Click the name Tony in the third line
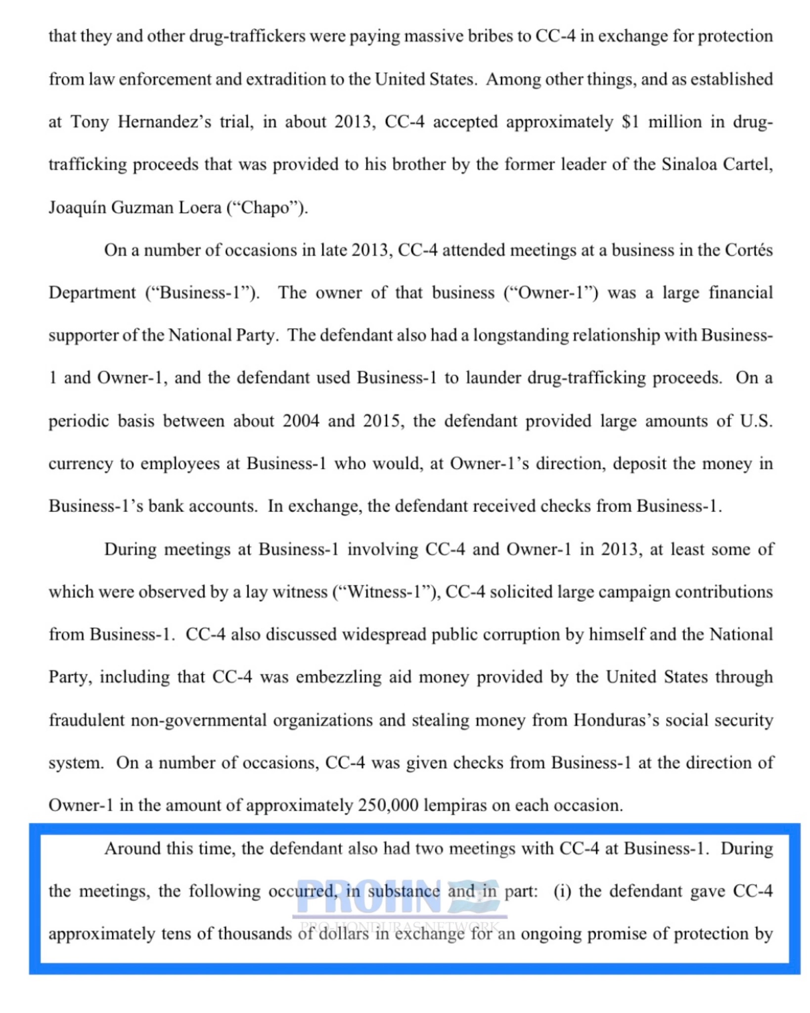[x=90, y=122]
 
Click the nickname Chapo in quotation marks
[x=267, y=207]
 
